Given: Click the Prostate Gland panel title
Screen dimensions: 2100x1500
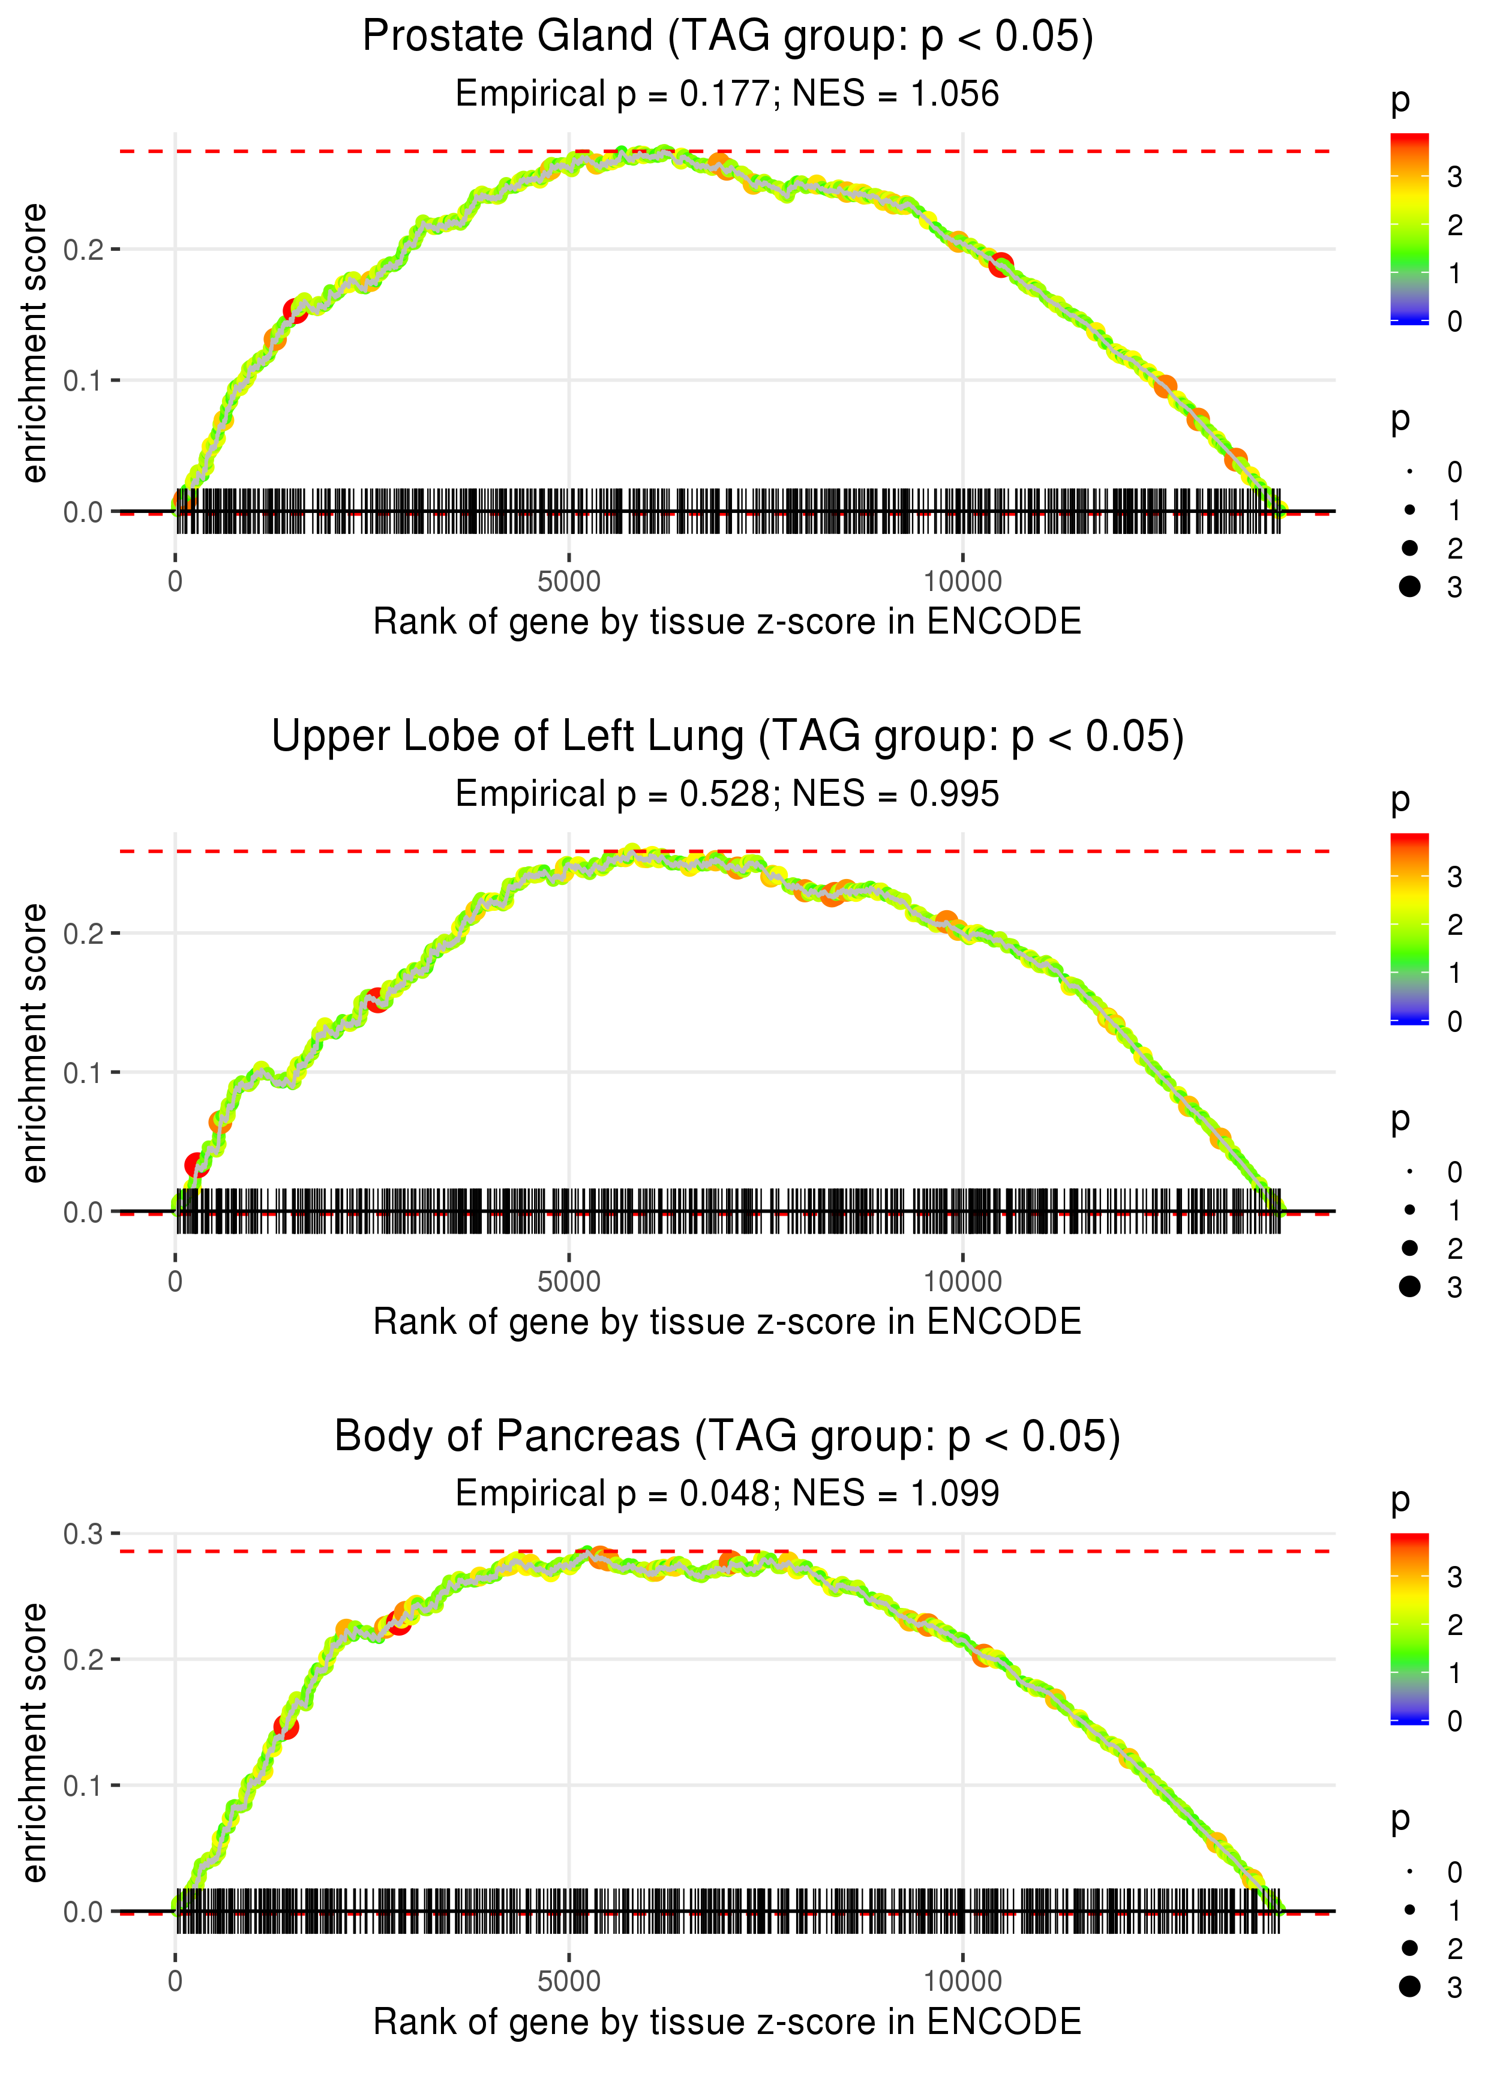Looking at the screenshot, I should (727, 37).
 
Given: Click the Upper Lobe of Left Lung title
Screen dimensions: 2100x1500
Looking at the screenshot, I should (727, 737).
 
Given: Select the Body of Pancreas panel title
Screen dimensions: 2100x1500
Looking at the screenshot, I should (727, 1437).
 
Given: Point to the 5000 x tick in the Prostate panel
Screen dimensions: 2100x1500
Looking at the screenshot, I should (568, 582).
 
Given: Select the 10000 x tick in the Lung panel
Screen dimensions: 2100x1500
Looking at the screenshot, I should (962, 1282).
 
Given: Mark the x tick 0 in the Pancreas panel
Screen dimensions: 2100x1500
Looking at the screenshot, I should (175, 1982).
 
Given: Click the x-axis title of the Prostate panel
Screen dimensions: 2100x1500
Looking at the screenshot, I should (727, 622).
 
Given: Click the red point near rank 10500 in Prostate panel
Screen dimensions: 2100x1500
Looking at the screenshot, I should (1000, 265).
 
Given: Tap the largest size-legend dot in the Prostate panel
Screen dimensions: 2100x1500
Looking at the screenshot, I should (1409, 586).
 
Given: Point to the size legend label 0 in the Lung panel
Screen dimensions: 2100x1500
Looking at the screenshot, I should (1455, 1172).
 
